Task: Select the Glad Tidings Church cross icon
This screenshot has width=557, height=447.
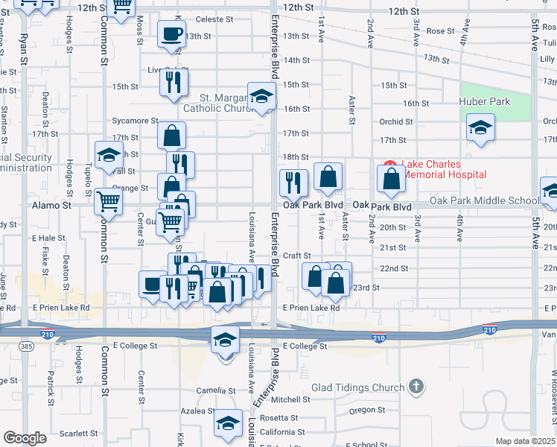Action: point(416,387)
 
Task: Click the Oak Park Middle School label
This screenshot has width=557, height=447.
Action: point(485,200)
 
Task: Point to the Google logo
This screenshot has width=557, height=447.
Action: point(25,438)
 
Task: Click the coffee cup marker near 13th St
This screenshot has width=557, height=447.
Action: point(171,33)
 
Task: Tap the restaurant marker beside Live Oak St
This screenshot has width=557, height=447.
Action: point(173,83)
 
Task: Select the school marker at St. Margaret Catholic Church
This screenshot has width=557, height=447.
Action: point(261,96)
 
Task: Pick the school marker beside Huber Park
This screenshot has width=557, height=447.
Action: point(480,127)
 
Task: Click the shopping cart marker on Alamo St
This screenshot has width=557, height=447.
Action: point(109,200)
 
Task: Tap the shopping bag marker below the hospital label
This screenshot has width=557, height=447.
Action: point(391,179)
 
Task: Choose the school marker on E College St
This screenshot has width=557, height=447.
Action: point(226,340)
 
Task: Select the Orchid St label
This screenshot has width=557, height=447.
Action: point(395,121)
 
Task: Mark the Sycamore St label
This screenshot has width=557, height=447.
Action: point(135,120)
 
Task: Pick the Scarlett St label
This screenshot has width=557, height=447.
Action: point(79,433)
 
